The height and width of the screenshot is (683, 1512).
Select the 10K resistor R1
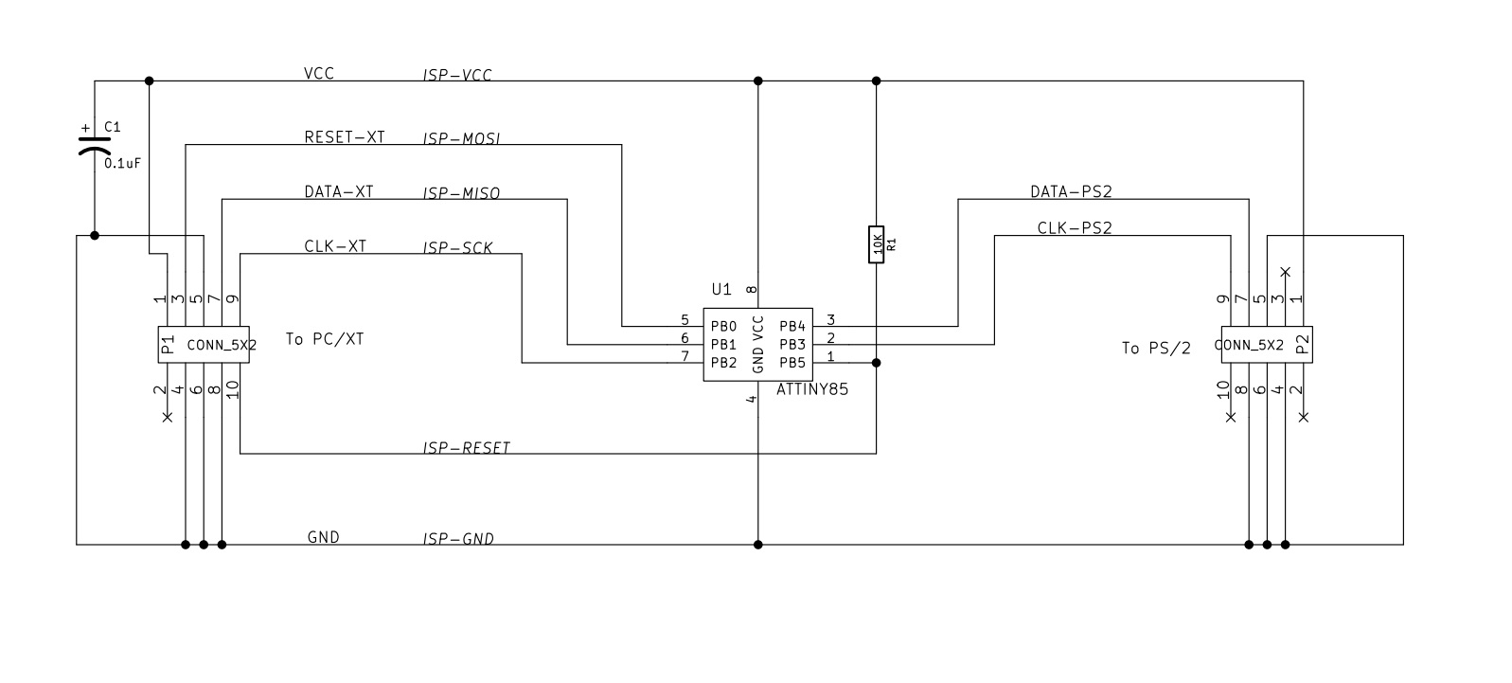coord(877,244)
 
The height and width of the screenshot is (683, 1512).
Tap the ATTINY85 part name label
coord(811,389)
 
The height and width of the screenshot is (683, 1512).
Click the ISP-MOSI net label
coord(461,139)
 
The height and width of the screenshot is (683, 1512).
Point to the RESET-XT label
coord(344,137)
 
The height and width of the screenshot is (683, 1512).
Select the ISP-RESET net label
coord(466,448)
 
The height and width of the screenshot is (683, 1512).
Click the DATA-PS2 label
coord(1071,192)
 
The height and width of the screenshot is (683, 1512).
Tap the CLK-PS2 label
coord(1074,228)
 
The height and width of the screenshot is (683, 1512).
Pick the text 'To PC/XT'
coord(325,339)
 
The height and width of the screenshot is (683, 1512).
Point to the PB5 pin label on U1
coord(792,362)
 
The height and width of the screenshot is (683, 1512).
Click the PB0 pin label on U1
coord(723,326)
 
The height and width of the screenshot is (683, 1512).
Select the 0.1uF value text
coord(122,163)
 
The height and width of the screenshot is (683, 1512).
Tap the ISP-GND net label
coord(458,540)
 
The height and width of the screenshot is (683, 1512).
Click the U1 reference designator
coord(721,289)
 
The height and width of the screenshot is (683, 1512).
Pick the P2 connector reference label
coord(1302,344)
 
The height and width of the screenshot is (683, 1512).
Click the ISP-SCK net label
coord(457,249)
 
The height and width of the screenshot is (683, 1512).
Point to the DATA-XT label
coord(338,192)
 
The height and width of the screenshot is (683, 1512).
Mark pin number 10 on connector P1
coord(233,387)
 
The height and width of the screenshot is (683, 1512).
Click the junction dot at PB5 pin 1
coord(877,363)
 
